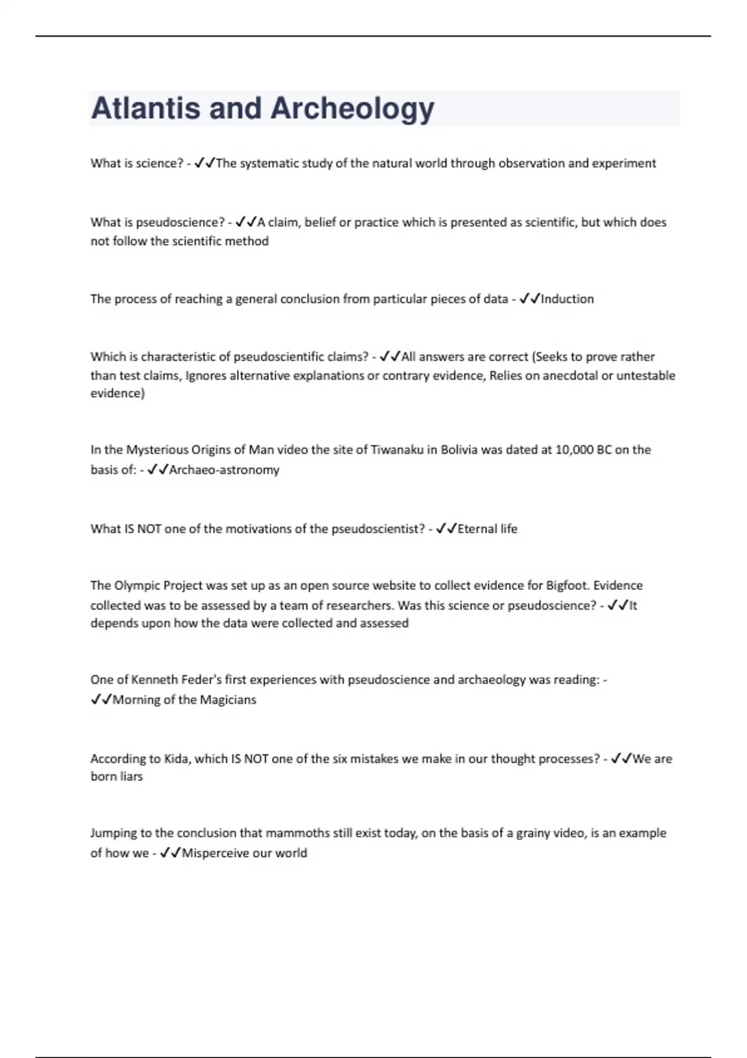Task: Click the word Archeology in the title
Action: pyautogui.click(x=352, y=108)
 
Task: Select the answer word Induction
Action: pyautogui.click(x=567, y=299)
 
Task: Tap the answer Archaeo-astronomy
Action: pyautogui.click(x=224, y=470)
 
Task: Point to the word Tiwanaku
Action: pyautogui.click(x=397, y=449)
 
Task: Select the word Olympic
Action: pyautogui.click(x=136, y=585)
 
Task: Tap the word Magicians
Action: pyautogui.click(x=228, y=700)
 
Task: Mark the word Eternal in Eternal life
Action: pyautogui.click(x=477, y=528)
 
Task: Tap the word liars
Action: pyautogui.click(x=129, y=777)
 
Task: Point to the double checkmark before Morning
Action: pyautogui.click(x=101, y=700)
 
